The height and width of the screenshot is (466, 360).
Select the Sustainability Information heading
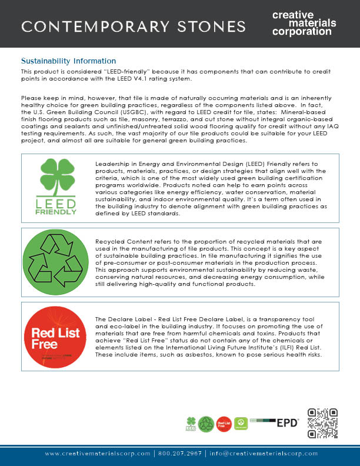pyautogui.click(x=68, y=61)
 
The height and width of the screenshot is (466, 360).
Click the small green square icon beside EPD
pyautogui.click(x=240, y=422)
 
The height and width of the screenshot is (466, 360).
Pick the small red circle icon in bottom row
pyautogui.click(x=224, y=423)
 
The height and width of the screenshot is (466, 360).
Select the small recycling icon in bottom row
pyautogui.click(x=206, y=423)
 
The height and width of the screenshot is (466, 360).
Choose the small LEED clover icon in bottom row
pyautogui.click(x=191, y=422)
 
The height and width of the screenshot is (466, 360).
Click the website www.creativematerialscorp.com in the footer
pyautogui.click(x=97, y=454)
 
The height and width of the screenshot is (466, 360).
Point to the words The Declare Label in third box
pyautogui.click(x=122, y=318)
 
